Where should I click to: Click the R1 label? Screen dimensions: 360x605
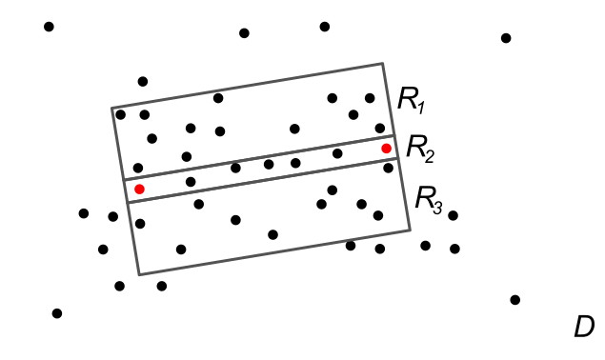click(412, 98)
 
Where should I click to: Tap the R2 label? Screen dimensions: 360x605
click(420, 147)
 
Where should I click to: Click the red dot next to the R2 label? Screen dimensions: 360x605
click(386, 149)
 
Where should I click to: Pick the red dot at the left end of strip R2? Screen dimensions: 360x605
click(139, 190)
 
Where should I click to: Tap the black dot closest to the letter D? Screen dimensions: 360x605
click(515, 300)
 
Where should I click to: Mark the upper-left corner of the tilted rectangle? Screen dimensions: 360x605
click(111, 109)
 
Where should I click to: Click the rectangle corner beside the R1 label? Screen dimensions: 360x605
click(382, 64)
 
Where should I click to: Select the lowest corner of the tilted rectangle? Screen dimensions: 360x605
click(139, 274)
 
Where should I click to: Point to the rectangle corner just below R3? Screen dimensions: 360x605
click(410, 230)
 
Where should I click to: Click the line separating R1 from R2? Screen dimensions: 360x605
click(257, 158)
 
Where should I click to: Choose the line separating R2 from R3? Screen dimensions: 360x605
click(262, 179)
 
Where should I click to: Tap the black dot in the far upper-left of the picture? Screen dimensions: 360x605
click(49, 27)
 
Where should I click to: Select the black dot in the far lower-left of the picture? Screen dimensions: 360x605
click(57, 313)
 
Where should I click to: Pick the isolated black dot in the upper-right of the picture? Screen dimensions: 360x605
click(506, 38)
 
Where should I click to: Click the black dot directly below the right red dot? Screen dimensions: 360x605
click(388, 169)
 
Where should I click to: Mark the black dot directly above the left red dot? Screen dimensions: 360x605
click(138, 168)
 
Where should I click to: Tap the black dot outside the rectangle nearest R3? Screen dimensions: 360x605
click(453, 215)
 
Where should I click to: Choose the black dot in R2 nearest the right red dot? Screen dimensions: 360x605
click(337, 153)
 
